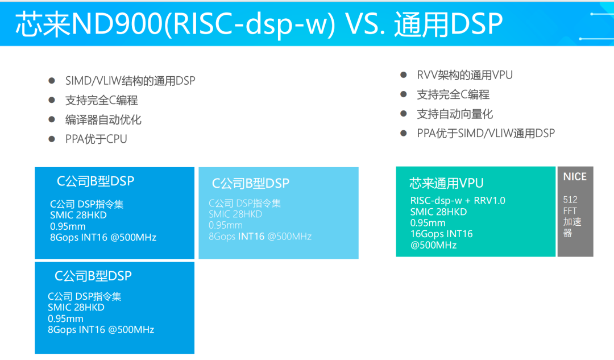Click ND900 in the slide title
115,24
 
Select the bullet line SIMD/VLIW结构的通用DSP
130,81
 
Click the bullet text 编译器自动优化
103,119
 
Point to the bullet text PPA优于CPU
96,139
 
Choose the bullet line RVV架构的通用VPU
464,75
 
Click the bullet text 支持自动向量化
455,114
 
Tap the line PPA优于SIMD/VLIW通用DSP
486,133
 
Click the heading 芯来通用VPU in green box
446,183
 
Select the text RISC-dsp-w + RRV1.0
458,201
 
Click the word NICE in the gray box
575,177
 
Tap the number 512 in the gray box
570,200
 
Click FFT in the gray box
570,210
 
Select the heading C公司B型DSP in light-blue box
251,183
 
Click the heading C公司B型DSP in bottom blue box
93,276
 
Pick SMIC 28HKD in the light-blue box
235,214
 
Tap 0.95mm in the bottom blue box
65,318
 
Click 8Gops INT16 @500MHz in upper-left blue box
103,237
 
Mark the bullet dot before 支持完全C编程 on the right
404,94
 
